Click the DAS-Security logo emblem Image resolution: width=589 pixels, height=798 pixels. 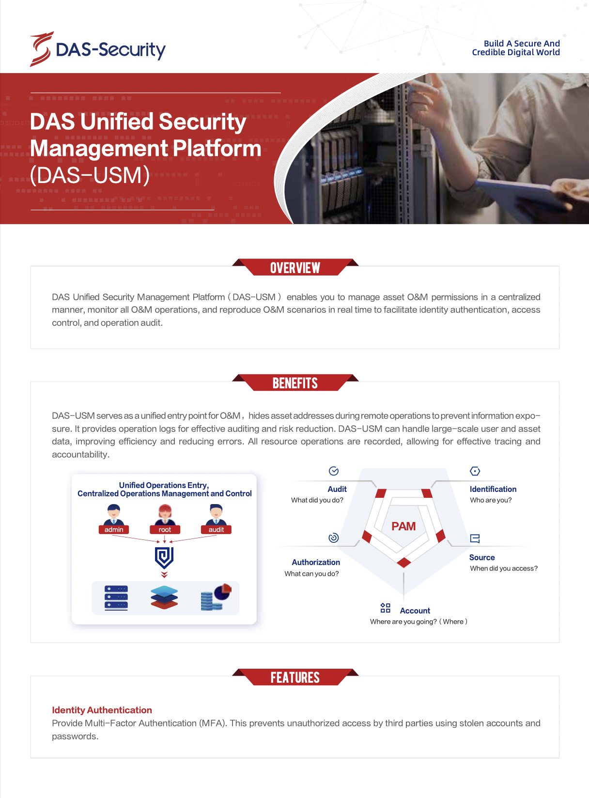coord(41,49)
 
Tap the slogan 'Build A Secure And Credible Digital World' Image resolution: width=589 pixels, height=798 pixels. coord(516,48)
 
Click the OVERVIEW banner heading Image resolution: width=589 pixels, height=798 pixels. coord(295,268)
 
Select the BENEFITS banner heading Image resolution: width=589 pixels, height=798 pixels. coord(295,384)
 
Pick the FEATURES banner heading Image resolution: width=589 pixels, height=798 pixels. coord(295,677)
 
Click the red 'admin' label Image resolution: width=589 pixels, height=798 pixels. coord(114,530)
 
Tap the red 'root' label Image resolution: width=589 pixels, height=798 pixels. coord(165,530)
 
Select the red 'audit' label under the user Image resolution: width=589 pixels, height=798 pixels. coord(216,530)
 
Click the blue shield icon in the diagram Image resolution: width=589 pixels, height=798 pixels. coord(164,557)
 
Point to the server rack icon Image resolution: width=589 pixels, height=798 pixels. coord(116,598)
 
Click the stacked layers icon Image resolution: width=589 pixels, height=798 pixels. coord(164,598)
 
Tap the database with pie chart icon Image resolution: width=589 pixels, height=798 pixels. coord(216,598)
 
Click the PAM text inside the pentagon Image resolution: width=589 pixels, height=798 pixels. coord(403,526)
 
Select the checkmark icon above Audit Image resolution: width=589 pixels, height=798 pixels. coord(334,471)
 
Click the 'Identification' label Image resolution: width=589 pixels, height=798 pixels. coord(493,489)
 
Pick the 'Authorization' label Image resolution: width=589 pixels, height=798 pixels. coord(316,562)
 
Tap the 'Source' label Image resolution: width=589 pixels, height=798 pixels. coord(482,557)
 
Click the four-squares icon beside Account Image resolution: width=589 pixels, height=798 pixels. coord(386,608)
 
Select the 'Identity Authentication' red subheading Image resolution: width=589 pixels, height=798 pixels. coord(102,710)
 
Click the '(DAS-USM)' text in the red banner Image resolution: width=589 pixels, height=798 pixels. coord(90,175)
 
